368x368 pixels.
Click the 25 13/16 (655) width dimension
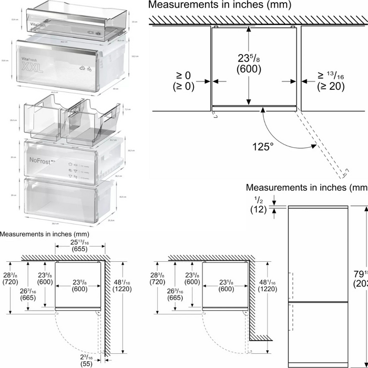pyautogui.click(x=79, y=246)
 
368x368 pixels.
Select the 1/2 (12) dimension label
pyautogui.click(x=258, y=204)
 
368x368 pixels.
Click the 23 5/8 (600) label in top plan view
pyautogui.click(x=249, y=64)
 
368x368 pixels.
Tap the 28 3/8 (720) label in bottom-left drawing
pyautogui.click(x=11, y=279)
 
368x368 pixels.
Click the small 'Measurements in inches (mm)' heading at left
pyautogui.click(x=45, y=233)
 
